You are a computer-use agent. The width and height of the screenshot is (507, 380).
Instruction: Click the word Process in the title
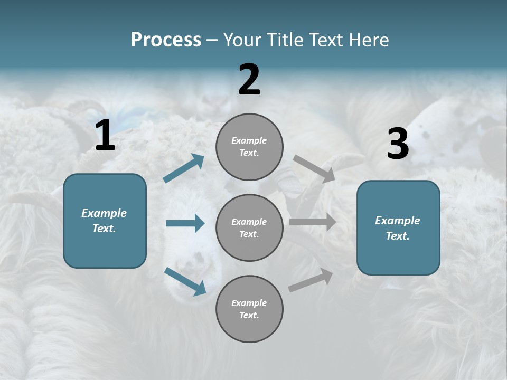(166, 40)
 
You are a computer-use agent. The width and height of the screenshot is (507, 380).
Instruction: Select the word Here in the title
(368, 40)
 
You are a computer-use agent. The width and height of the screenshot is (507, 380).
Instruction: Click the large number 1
(105, 136)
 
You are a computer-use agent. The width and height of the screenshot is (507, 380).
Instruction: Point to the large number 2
(249, 80)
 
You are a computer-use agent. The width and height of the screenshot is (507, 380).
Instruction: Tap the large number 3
(398, 144)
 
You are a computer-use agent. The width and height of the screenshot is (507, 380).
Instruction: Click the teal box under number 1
(105, 221)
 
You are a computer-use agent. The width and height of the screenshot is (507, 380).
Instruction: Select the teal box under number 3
(398, 228)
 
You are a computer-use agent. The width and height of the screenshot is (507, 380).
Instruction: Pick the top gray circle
(249, 147)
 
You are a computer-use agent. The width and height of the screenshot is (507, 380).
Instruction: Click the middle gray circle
(249, 227)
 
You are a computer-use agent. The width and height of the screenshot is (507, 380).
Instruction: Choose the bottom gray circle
(249, 309)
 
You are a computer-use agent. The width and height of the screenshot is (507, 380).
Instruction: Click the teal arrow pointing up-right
(184, 168)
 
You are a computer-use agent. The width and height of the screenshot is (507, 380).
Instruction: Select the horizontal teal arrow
(185, 223)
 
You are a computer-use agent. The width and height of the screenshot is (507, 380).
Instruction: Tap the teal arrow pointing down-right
(185, 281)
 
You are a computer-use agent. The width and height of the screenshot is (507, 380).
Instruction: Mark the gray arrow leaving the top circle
(314, 169)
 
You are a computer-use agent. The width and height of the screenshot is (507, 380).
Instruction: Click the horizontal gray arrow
(313, 222)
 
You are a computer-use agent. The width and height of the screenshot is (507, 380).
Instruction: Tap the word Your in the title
(241, 40)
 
